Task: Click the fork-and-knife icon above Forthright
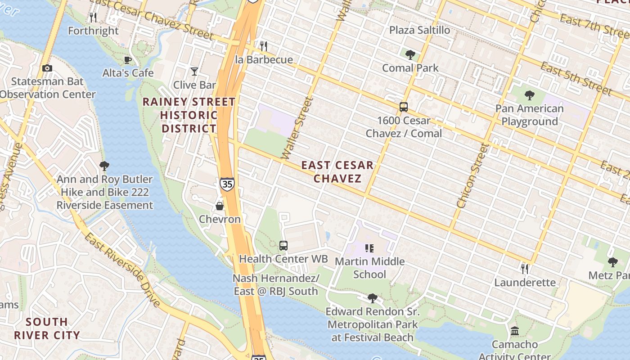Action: [x=93, y=18]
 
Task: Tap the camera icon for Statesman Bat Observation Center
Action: [x=47, y=68]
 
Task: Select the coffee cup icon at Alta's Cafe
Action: [x=128, y=60]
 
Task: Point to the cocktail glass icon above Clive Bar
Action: [x=194, y=72]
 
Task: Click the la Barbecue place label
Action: [x=264, y=60]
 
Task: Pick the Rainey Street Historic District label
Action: [x=189, y=115]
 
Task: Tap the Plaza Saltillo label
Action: [x=419, y=30]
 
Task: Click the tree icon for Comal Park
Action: [x=410, y=55]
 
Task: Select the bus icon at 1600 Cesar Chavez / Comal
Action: [x=404, y=107]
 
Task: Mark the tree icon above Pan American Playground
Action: [x=529, y=95]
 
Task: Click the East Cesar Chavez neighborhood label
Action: [x=337, y=171]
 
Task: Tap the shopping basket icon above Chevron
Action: [x=220, y=206]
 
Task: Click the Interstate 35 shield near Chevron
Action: [x=227, y=184]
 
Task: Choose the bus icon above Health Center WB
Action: [x=283, y=246]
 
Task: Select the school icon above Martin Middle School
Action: [x=369, y=248]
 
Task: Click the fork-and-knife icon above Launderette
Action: [x=525, y=269]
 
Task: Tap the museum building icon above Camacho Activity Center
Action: [x=515, y=331]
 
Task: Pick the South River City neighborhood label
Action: [x=47, y=328]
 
